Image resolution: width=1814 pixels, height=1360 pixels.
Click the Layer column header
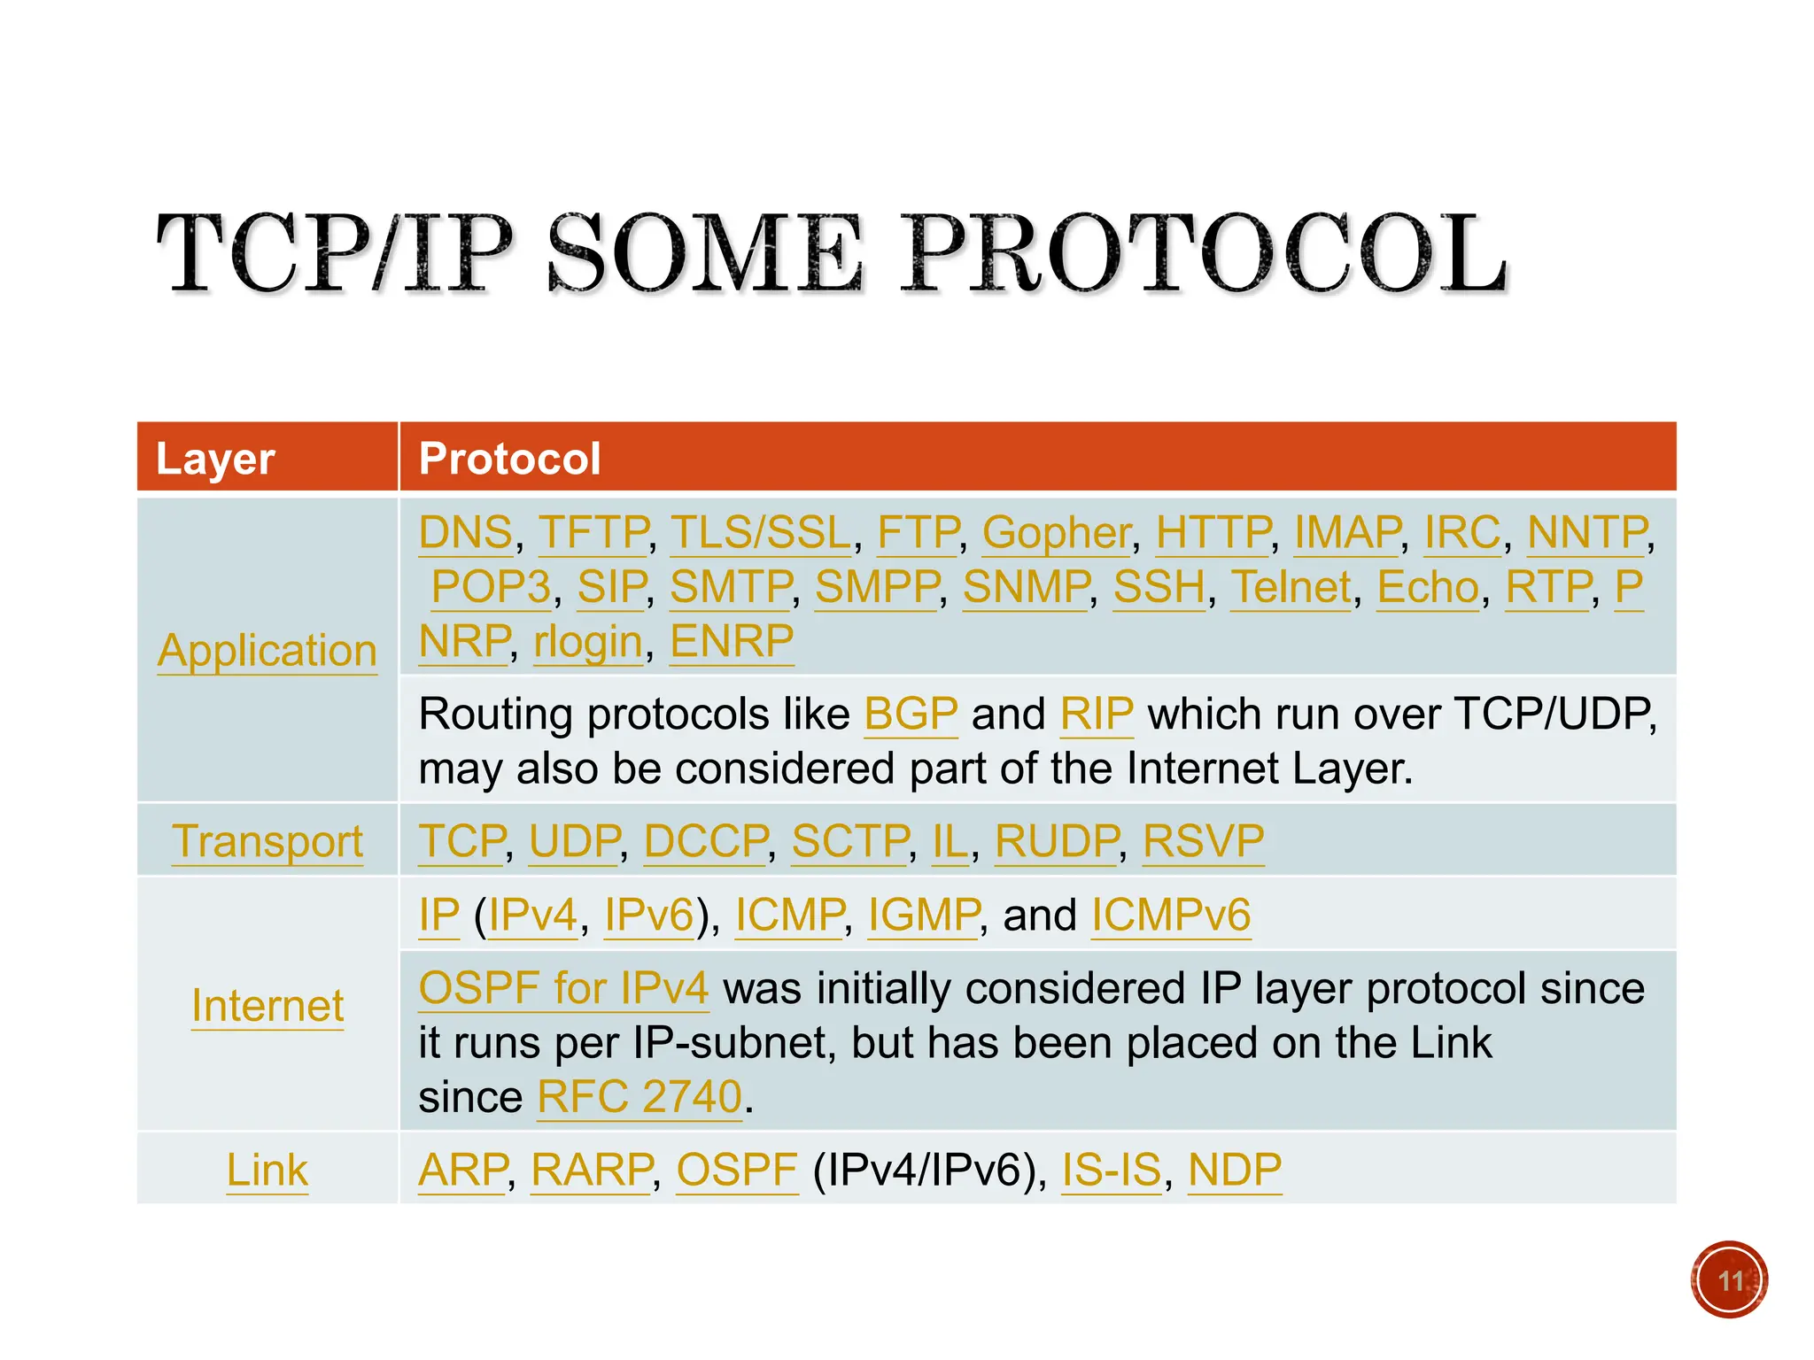coord(215,459)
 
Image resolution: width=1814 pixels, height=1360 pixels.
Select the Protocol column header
coord(509,459)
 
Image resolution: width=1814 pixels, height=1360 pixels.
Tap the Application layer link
coord(267,651)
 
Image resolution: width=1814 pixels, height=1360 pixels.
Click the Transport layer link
coord(267,841)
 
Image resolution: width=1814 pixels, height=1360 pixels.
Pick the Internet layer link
coord(267,1006)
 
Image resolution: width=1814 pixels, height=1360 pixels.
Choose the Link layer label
coord(267,1171)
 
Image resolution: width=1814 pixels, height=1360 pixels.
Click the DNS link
coord(465,533)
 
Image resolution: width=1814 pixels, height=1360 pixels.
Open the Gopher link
coord(1056,533)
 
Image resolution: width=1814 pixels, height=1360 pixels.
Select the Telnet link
coord(1291,587)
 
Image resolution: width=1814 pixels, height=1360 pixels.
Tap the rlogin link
coord(587,642)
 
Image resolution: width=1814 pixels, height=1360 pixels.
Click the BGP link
coord(911,715)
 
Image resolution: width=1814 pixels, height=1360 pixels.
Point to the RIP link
coord(1097,715)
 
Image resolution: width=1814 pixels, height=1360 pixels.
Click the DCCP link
coord(706,841)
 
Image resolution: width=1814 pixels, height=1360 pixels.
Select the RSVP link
coord(1203,841)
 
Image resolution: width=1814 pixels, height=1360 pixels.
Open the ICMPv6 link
coord(1170,916)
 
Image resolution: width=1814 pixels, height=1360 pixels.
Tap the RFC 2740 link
coord(640,1098)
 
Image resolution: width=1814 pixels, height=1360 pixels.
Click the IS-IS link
coord(1111,1171)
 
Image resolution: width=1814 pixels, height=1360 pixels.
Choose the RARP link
coord(592,1171)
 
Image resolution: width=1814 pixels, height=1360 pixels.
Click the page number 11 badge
coord(1728,1280)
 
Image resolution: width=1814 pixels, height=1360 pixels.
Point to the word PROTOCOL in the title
coord(1204,254)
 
